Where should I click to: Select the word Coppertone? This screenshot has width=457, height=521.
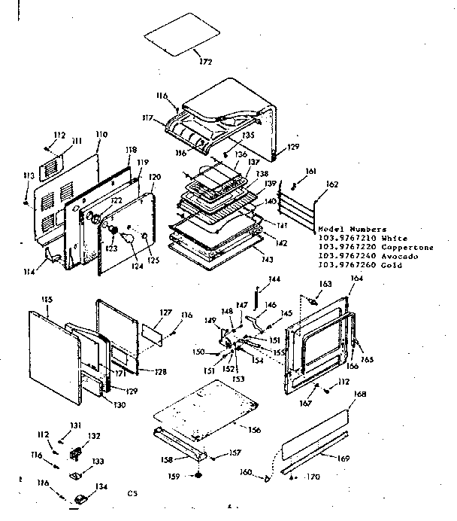[407, 247]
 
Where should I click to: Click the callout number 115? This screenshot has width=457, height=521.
[47, 300]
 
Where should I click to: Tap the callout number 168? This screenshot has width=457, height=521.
[359, 395]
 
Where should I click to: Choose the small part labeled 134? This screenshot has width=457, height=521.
[81, 499]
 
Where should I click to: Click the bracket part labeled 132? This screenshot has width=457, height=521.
[76, 454]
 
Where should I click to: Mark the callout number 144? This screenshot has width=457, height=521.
[274, 279]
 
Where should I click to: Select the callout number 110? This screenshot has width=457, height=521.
[101, 134]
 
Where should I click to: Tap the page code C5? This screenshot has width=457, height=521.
[132, 494]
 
